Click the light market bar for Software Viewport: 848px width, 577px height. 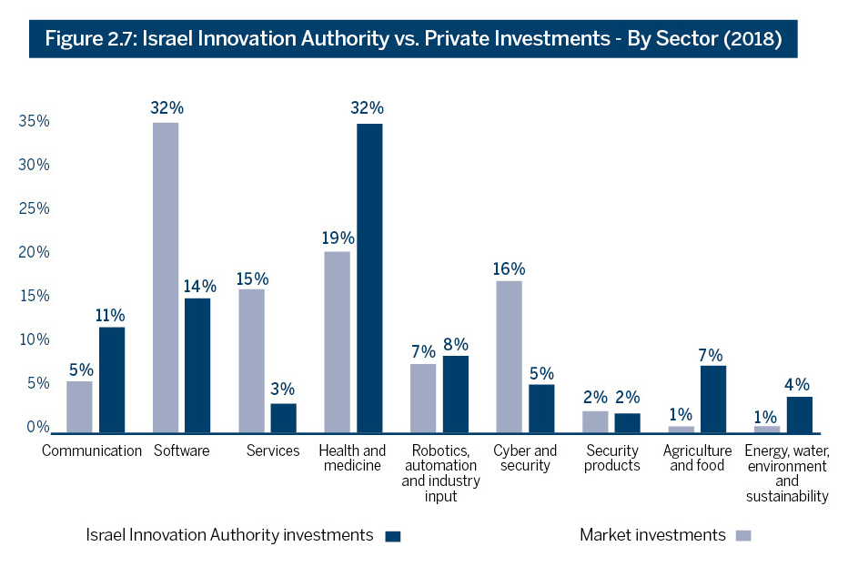(166, 277)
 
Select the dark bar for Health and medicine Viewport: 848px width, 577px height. (369, 277)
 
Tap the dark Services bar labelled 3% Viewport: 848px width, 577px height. (283, 418)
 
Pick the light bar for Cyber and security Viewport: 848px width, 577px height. (509, 356)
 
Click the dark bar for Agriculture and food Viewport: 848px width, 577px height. (712, 399)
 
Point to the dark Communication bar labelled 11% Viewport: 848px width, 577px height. (112, 380)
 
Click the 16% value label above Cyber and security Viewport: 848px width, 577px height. (509, 268)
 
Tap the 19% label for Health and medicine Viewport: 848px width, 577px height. (337, 238)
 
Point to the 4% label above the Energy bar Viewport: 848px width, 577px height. (799, 384)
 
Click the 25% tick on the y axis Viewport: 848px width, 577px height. (32, 208)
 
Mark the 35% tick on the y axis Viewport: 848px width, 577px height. (32, 121)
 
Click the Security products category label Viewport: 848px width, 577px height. (612, 458)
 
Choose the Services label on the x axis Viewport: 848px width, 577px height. (273, 450)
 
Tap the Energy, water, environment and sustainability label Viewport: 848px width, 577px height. (787, 473)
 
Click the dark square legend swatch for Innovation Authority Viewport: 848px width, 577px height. (393, 536)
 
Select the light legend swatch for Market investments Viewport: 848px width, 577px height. (743, 536)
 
